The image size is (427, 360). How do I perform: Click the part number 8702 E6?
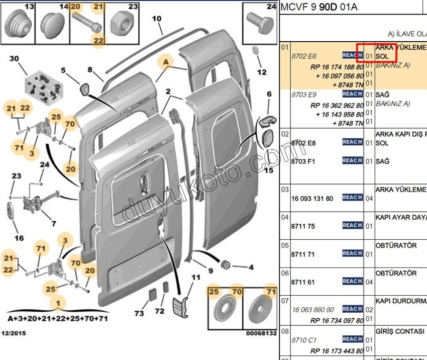(303, 56)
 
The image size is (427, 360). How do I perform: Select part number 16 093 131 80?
(312, 199)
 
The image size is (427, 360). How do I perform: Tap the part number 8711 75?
(303, 226)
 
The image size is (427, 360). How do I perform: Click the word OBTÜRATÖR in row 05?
(396, 246)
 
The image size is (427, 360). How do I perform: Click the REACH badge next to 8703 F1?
(352, 160)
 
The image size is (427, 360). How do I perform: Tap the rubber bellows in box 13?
(19, 23)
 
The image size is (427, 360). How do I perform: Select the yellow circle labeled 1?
(60, 303)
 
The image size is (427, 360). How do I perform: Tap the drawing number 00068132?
(261, 333)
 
